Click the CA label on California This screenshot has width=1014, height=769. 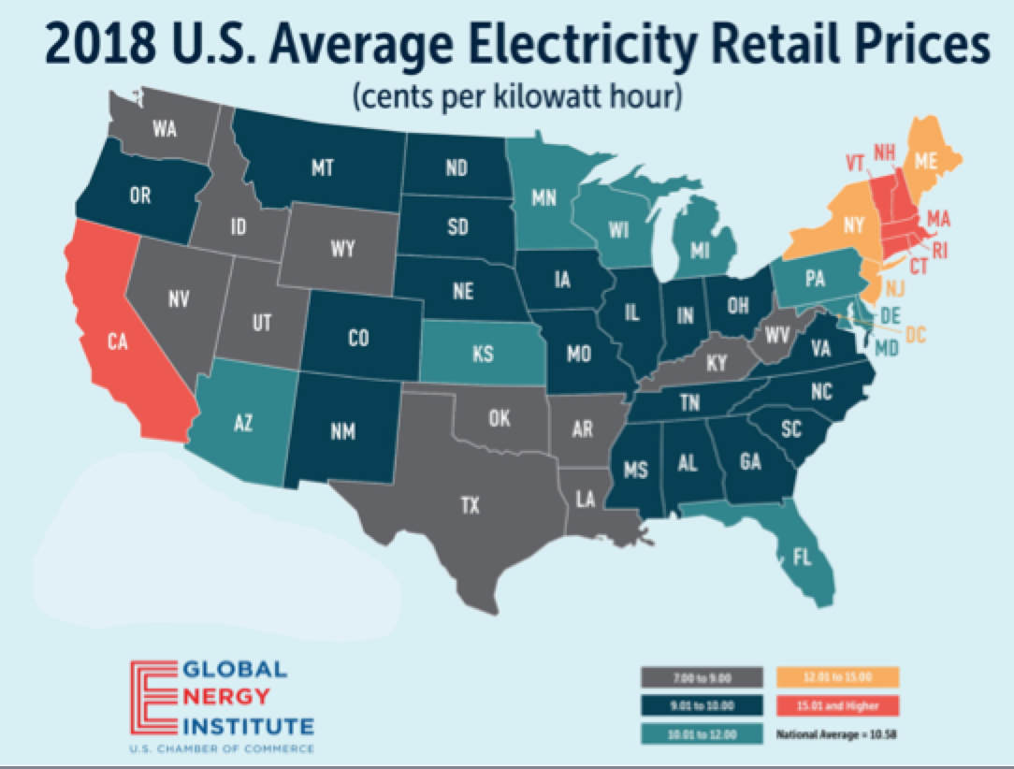[117, 343]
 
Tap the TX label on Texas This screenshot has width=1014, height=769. [470, 506]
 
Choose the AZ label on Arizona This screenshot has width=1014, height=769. [242, 423]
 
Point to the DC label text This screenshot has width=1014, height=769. [917, 334]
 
